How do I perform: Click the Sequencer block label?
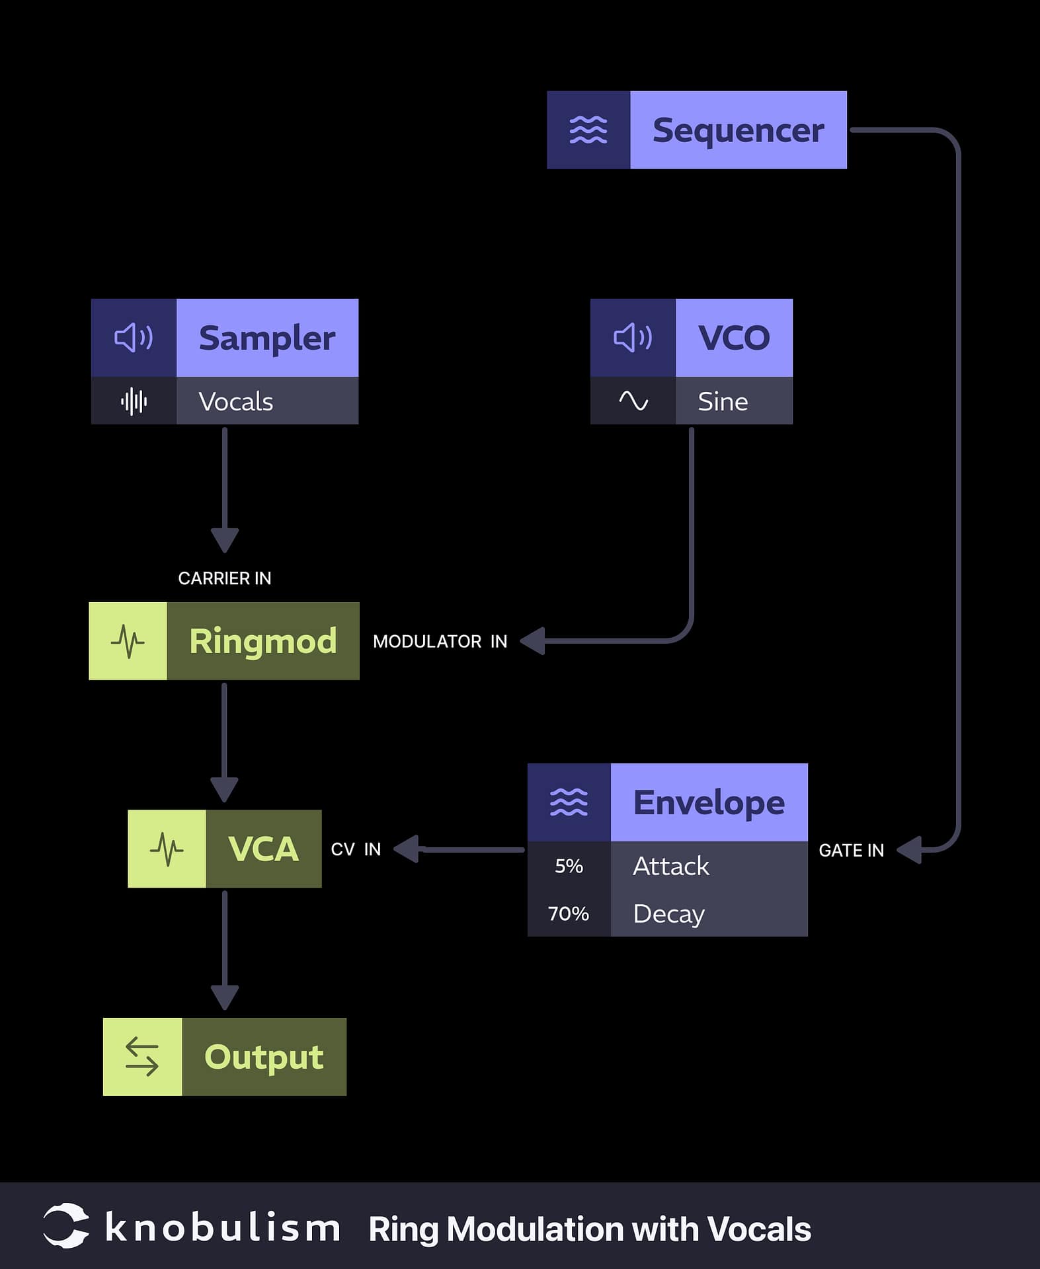click(x=738, y=130)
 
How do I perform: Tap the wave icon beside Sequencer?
click(x=588, y=130)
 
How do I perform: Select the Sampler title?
click(x=266, y=338)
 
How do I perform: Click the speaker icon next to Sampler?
click(x=134, y=338)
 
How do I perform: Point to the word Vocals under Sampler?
click(x=235, y=401)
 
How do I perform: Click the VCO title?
click(x=734, y=338)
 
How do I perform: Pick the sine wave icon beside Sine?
click(x=633, y=401)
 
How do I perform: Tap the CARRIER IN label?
click(x=224, y=578)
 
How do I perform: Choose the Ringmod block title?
click(x=262, y=641)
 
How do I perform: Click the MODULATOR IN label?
click(x=440, y=641)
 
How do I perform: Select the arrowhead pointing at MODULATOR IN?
click(x=533, y=641)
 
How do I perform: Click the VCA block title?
click(x=263, y=849)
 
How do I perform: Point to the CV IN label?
click(x=356, y=849)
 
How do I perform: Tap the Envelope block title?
click(x=709, y=802)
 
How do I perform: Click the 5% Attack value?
click(x=569, y=866)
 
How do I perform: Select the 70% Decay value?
click(x=569, y=913)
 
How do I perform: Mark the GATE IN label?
click(x=851, y=851)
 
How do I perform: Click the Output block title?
click(x=264, y=1056)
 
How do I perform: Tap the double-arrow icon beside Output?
click(x=142, y=1056)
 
